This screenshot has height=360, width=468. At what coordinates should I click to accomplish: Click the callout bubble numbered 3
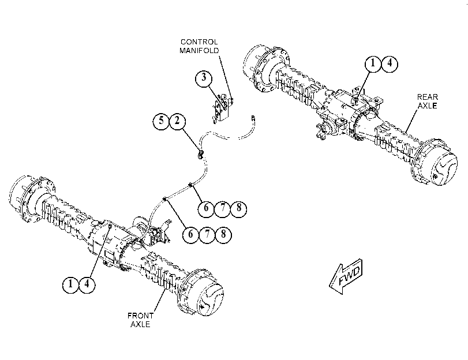(204, 78)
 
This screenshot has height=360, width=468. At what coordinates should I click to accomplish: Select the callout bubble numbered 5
(161, 121)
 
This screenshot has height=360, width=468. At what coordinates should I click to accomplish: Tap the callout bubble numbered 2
(177, 121)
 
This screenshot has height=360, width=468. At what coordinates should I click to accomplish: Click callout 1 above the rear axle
(373, 63)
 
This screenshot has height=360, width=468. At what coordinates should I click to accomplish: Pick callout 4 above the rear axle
(389, 63)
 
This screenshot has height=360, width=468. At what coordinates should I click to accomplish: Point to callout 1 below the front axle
(71, 284)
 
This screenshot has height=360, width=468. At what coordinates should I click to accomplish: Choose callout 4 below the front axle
(87, 284)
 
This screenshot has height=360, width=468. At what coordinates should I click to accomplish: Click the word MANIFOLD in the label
(199, 50)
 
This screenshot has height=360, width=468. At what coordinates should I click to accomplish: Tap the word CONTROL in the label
(199, 42)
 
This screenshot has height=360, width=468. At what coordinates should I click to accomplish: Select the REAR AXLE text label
(428, 101)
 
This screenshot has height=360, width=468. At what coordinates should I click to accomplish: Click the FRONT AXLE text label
(140, 320)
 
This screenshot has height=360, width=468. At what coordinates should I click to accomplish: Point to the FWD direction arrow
(346, 276)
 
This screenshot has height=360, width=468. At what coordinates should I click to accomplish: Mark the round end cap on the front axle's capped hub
(209, 299)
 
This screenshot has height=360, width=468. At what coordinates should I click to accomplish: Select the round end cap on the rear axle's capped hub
(443, 169)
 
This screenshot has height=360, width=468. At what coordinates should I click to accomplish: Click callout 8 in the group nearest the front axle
(223, 234)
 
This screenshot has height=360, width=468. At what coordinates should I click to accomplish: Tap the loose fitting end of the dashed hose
(253, 117)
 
